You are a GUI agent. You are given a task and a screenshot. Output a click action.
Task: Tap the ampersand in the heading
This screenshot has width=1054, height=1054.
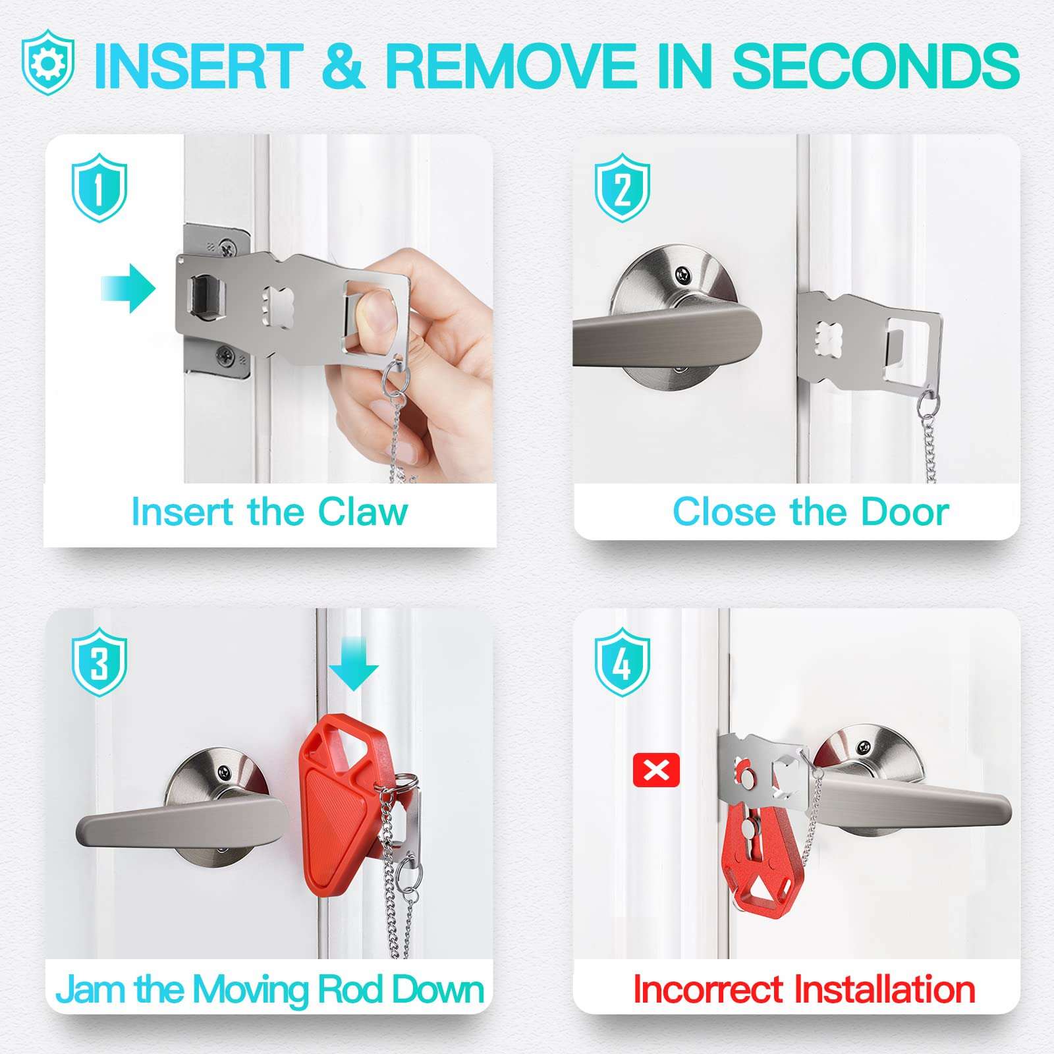click(343, 66)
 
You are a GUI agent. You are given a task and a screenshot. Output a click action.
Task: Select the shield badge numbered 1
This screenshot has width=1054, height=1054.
click(99, 187)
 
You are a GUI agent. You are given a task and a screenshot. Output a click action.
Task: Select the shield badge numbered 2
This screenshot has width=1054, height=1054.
click(623, 187)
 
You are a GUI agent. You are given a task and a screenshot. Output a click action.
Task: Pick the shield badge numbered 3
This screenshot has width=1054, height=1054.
click(99, 661)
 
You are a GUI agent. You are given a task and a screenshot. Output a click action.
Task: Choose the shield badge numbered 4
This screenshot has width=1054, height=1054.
click(623, 661)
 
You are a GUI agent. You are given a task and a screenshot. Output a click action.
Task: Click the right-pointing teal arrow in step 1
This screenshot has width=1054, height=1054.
click(129, 289)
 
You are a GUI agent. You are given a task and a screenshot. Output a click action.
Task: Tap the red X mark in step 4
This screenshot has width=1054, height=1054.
click(655, 770)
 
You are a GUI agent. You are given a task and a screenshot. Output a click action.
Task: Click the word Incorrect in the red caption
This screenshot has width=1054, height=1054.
click(709, 989)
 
